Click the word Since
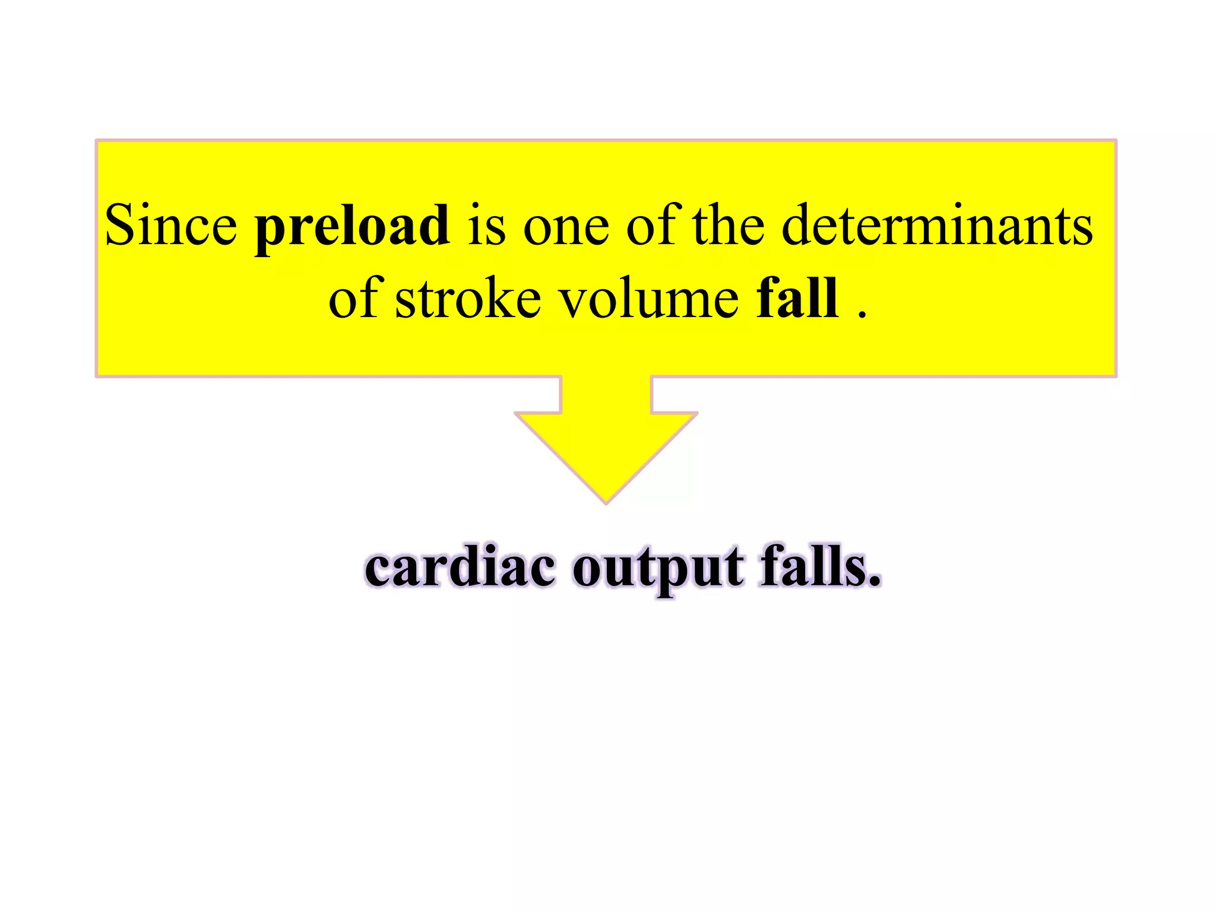click(x=171, y=226)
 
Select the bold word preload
click(x=352, y=227)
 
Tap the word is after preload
click(x=486, y=226)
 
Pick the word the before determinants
click(x=729, y=226)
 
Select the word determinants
click(x=937, y=226)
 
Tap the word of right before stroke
click(x=353, y=298)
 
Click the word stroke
click(x=468, y=298)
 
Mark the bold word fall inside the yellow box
click(x=797, y=298)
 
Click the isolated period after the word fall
click(x=862, y=315)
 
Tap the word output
click(x=657, y=570)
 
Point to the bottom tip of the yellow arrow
click(x=606, y=502)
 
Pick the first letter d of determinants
click(x=797, y=226)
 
